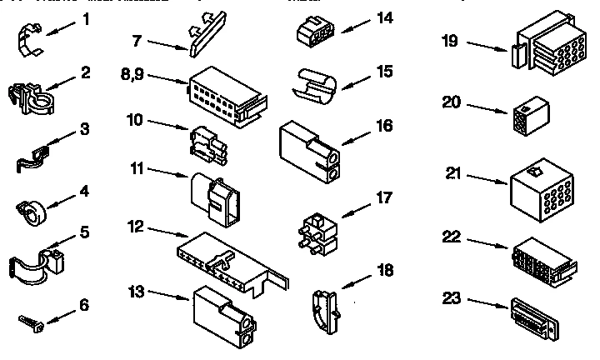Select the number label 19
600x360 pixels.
click(x=449, y=40)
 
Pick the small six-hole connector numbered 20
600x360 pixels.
click(x=526, y=118)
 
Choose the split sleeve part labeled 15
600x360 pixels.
click(x=314, y=84)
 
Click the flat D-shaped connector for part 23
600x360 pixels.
click(x=536, y=317)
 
